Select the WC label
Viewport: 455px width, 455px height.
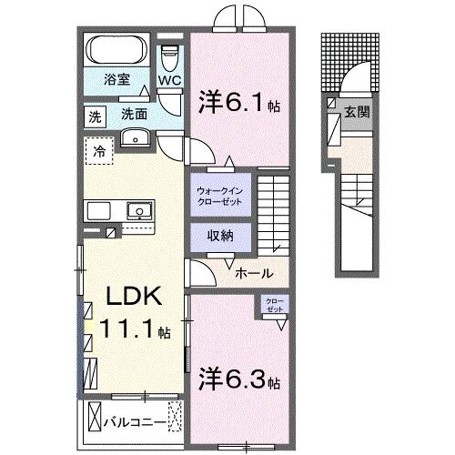pos(170,79)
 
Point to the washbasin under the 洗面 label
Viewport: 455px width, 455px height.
pos(134,138)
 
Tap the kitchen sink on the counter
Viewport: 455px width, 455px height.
pos(139,210)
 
